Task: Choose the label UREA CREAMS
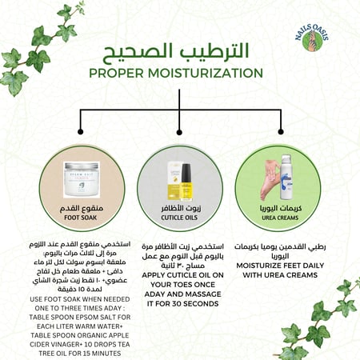[281, 214]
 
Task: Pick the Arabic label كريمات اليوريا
[281, 205]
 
